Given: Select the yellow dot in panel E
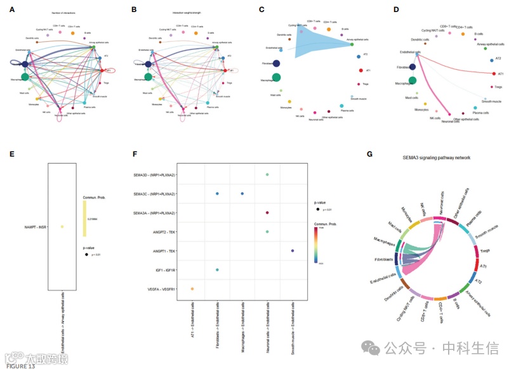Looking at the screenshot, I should tap(62, 226).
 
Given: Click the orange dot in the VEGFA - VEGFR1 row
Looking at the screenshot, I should tap(192, 289).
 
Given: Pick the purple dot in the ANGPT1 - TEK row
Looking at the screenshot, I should tap(292, 251).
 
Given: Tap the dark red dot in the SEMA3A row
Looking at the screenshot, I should tap(267, 213).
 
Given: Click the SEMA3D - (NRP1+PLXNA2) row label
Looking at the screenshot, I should tap(154, 174).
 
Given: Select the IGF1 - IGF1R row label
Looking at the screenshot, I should tap(162, 270).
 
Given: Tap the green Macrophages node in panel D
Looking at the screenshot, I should tap(413, 81).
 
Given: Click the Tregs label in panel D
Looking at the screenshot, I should tap(499, 87).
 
